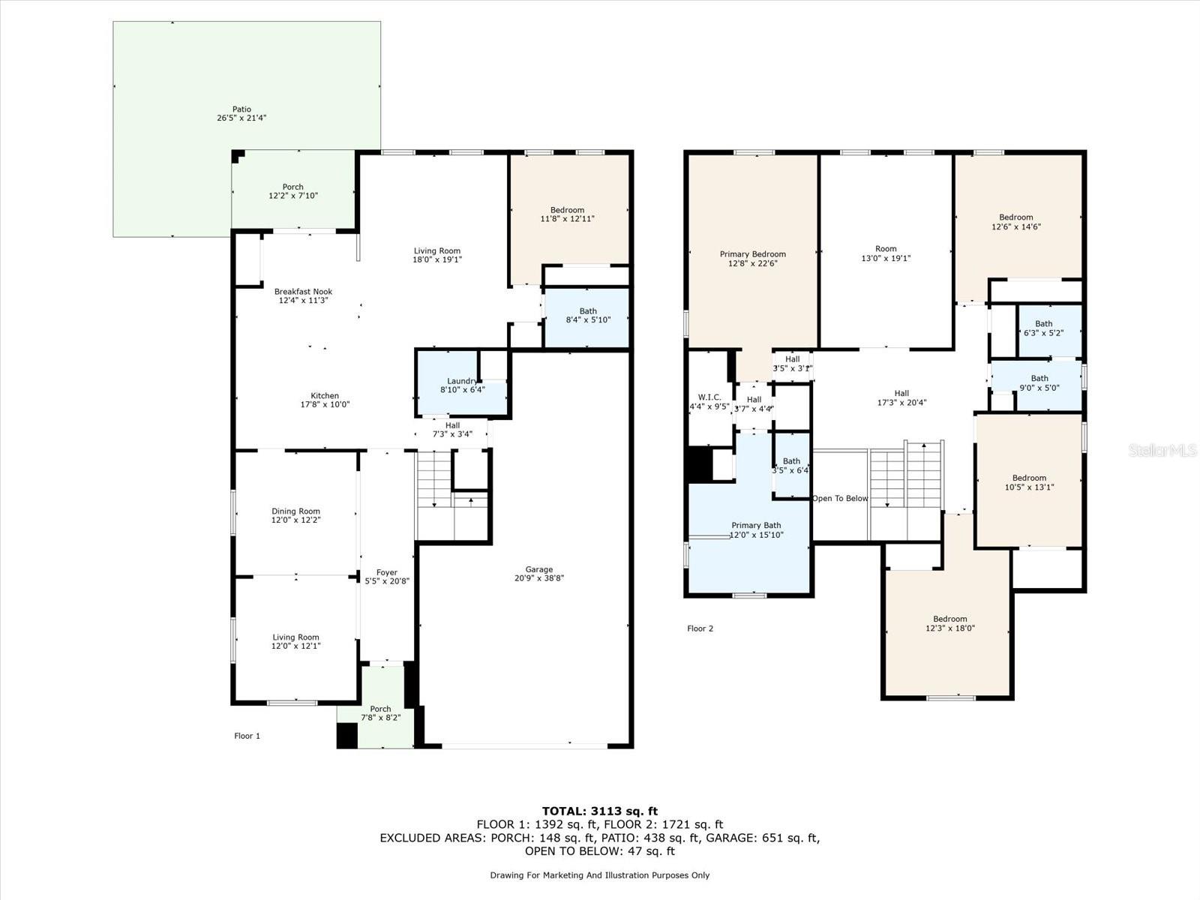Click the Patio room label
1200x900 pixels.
241,109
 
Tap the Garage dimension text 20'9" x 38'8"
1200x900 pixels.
538,578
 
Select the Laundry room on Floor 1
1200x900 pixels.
461,385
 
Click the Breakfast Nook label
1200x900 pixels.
303,292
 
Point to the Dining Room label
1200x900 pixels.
295,511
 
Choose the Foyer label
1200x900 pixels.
386,572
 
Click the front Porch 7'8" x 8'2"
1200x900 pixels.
380,713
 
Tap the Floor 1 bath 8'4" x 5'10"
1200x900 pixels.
587,315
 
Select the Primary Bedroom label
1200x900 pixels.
752,254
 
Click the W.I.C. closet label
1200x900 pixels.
709,397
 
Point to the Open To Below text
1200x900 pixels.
840,499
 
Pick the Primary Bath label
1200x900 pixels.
756,526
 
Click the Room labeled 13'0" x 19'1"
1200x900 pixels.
886,249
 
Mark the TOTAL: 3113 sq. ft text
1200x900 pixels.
599,811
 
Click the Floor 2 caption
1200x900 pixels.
700,628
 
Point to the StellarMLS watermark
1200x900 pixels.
1162,451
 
